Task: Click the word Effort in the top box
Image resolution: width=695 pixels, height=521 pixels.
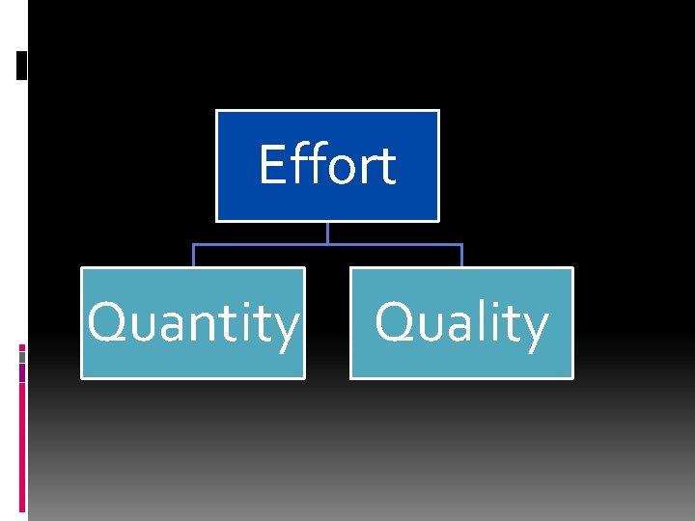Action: (x=327, y=165)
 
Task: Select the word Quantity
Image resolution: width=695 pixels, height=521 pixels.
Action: (x=193, y=323)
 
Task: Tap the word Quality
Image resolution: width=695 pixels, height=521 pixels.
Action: (x=461, y=323)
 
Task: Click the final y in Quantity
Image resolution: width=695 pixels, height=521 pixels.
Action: (x=286, y=329)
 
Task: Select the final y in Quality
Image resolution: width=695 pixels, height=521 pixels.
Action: (x=534, y=329)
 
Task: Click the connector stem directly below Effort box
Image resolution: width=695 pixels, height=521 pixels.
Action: (x=327, y=233)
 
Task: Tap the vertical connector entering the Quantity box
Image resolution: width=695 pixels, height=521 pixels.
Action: (x=193, y=256)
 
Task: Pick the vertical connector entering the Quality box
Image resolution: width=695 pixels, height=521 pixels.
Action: (x=461, y=256)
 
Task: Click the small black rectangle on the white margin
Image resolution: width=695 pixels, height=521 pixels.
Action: (x=22, y=66)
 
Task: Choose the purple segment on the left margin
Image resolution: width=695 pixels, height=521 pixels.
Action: (x=22, y=372)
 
